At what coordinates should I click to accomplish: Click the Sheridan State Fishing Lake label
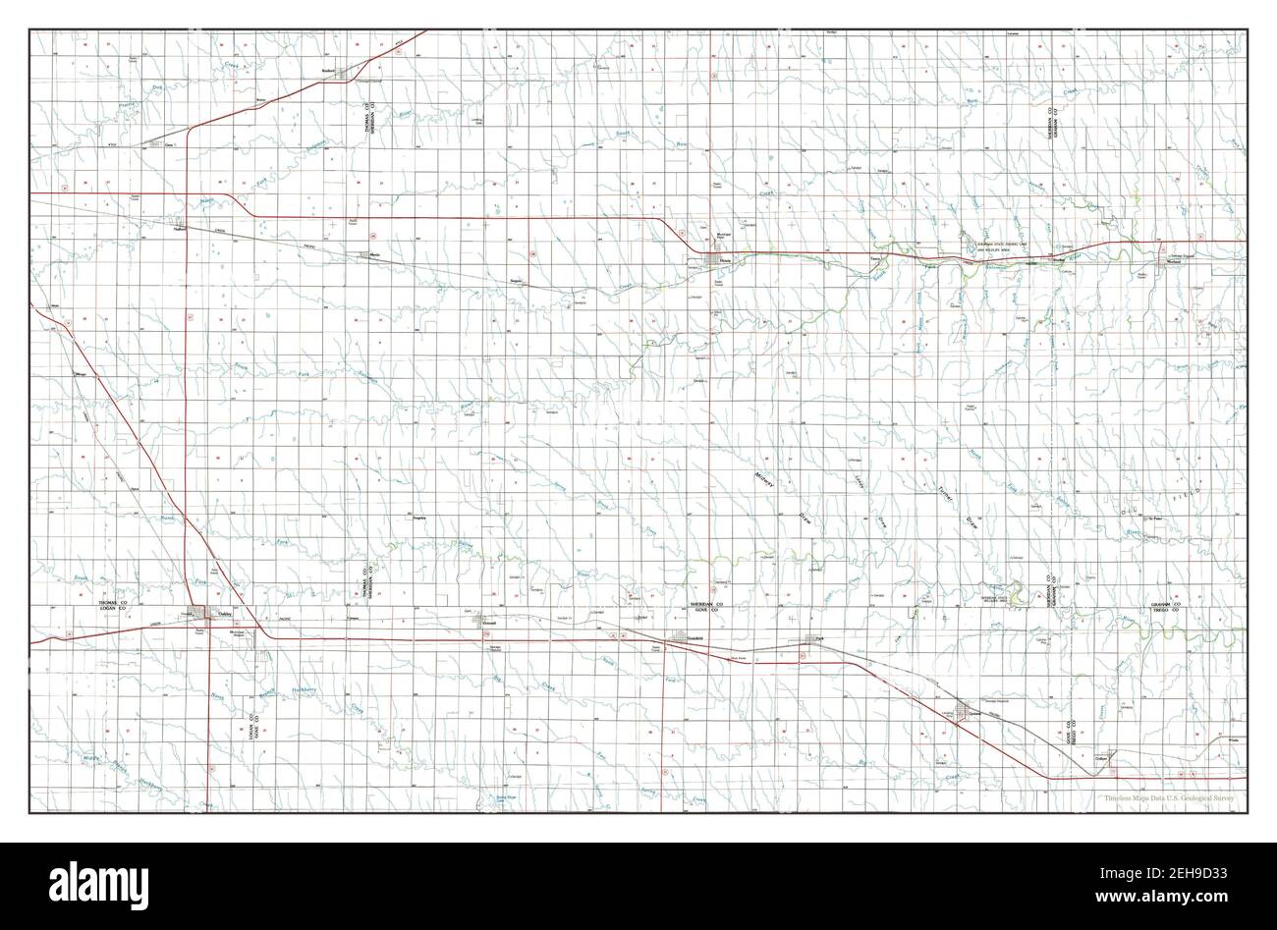(x=995, y=246)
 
